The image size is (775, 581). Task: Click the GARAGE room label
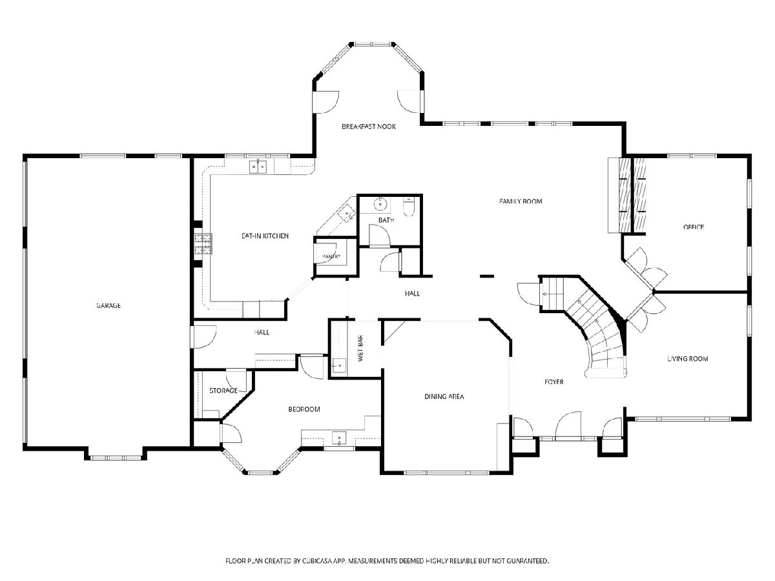pyautogui.click(x=108, y=305)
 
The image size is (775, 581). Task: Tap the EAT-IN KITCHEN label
pyautogui.click(x=265, y=236)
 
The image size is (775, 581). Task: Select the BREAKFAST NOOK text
pyautogui.click(x=369, y=127)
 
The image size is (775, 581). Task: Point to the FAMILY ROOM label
pyautogui.click(x=521, y=201)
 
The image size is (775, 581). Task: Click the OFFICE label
pyautogui.click(x=693, y=227)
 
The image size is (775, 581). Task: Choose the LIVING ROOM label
pyautogui.click(x=687, y=359)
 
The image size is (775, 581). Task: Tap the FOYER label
pyautogui.click(x=553, y=382)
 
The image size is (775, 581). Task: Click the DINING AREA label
pyautogui.click(x=444, y=396)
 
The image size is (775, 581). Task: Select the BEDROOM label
pyautogui.click(x=304, y=409)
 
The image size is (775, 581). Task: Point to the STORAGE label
pyautogui.click(x=223, y=391)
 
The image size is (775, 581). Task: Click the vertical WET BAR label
pyautogui.click(x=360, y=348)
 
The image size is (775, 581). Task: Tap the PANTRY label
pyautogui.click(x=331, y=256)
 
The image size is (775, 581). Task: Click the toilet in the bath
pyautogui.click(x=409, y=207)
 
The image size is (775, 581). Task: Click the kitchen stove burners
pyautogui.click(x=203, y=244)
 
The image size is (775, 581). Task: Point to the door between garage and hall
pyautogui.click(x=203, y=337)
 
